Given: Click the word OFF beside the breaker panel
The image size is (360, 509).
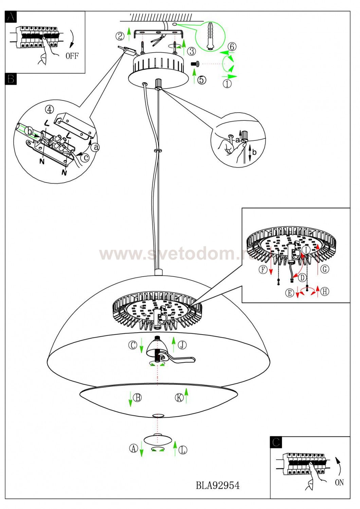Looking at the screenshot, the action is (72, 56).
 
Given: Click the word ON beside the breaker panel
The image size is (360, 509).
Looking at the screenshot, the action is (339, 482).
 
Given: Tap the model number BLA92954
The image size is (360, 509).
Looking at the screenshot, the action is (218, 486).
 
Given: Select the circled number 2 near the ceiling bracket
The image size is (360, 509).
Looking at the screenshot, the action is (120, 36).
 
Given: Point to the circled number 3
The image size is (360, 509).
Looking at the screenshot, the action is (192, 51).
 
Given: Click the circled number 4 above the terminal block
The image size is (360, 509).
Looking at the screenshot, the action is (49, 110).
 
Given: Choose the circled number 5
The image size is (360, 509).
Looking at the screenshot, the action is (202, 80).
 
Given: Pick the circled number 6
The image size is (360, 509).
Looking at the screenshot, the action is (232, 46).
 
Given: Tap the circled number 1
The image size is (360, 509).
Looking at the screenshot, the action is (227, 83).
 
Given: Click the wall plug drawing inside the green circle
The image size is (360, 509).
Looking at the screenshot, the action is (211, 36).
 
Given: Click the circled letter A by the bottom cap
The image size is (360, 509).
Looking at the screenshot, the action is (133, 448).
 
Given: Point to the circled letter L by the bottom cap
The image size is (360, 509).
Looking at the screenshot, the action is (183, 450).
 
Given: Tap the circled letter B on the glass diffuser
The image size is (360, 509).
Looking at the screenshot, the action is (138, 397).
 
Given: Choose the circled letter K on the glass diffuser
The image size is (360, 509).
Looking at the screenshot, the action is (179, 397).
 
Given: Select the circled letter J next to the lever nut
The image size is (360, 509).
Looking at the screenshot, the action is (182, 345).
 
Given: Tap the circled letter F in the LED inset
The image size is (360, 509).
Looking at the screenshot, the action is (263, 269).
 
